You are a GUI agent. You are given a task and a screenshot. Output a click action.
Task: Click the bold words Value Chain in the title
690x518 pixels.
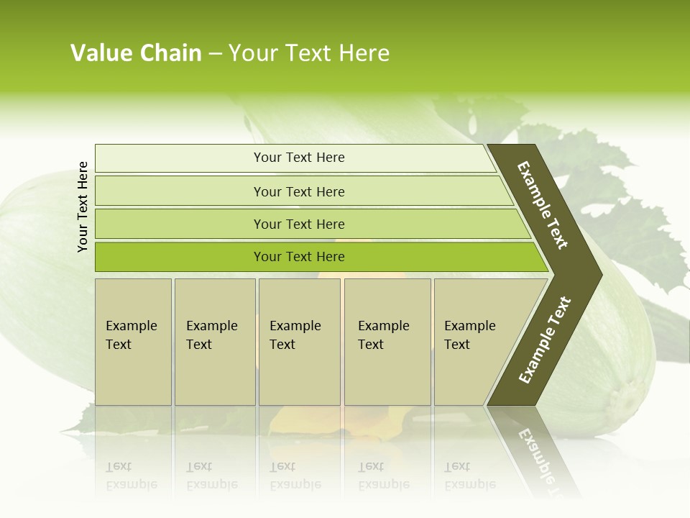click(136, 53)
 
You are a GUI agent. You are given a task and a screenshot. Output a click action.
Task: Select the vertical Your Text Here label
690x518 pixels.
click(83, 206)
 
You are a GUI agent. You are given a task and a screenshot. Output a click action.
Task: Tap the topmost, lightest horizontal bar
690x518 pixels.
click(298, 158)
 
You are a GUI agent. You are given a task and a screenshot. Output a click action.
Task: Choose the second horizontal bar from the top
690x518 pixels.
click(298, 191)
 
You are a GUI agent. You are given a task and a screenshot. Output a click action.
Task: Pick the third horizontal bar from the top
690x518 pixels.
click(298, 224)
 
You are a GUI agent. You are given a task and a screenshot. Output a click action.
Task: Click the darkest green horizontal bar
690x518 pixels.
click(298, 257)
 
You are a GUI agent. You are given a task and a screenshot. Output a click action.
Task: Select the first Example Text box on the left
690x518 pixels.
click(133, 341)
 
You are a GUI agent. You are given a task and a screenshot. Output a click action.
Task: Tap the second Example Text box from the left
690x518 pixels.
click(214, 341)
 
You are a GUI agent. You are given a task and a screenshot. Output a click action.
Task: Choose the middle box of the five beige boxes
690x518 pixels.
click(299, 341)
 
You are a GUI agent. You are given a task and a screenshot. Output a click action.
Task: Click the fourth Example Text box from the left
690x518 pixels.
click(387, 341)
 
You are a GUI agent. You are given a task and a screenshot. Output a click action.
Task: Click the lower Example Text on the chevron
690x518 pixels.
click(544, 340)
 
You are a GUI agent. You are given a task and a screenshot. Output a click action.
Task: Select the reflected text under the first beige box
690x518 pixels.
click(131, 475)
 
